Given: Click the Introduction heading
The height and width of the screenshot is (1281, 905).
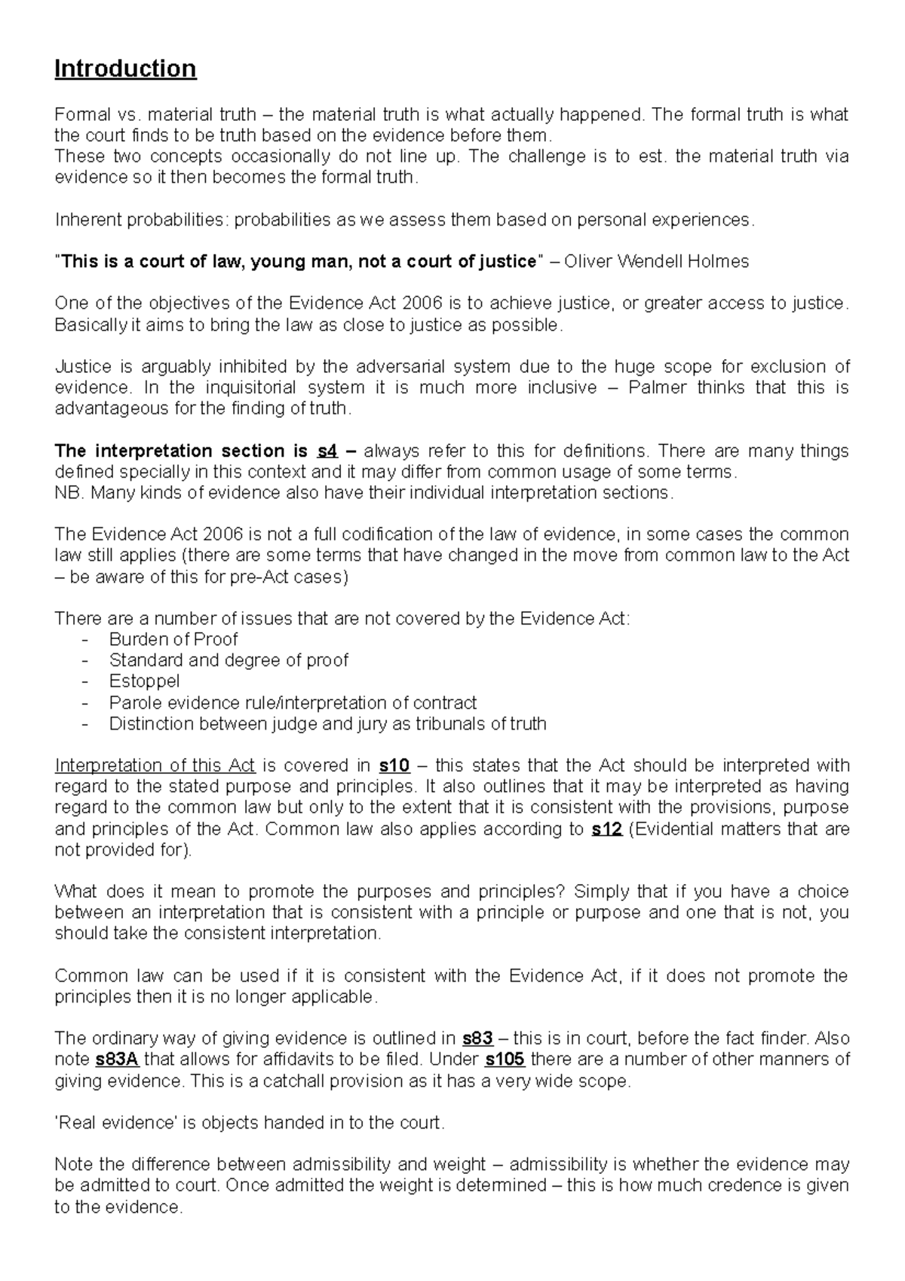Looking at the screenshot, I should click(x=125, y=69).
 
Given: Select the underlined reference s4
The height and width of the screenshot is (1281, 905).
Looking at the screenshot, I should click(x=327, y=451).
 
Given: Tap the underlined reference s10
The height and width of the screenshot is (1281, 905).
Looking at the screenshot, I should click(x=394, y=766).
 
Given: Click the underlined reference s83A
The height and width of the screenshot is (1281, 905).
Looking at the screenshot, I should click(x=118, y=1059).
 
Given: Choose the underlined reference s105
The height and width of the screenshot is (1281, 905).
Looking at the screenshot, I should click(x=505, y=1059).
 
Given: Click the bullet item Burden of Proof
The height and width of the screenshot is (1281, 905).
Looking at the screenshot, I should click(x=173, y=639).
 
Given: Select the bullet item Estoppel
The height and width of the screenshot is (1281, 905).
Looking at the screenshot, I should click(x=144, y=681).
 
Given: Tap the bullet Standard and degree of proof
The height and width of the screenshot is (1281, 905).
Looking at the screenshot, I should click(x=229, y=660).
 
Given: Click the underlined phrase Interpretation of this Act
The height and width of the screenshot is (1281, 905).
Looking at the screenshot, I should click(x=155, y=766).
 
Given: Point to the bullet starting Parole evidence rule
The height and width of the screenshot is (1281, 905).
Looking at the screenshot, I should click(x=293, y=702).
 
